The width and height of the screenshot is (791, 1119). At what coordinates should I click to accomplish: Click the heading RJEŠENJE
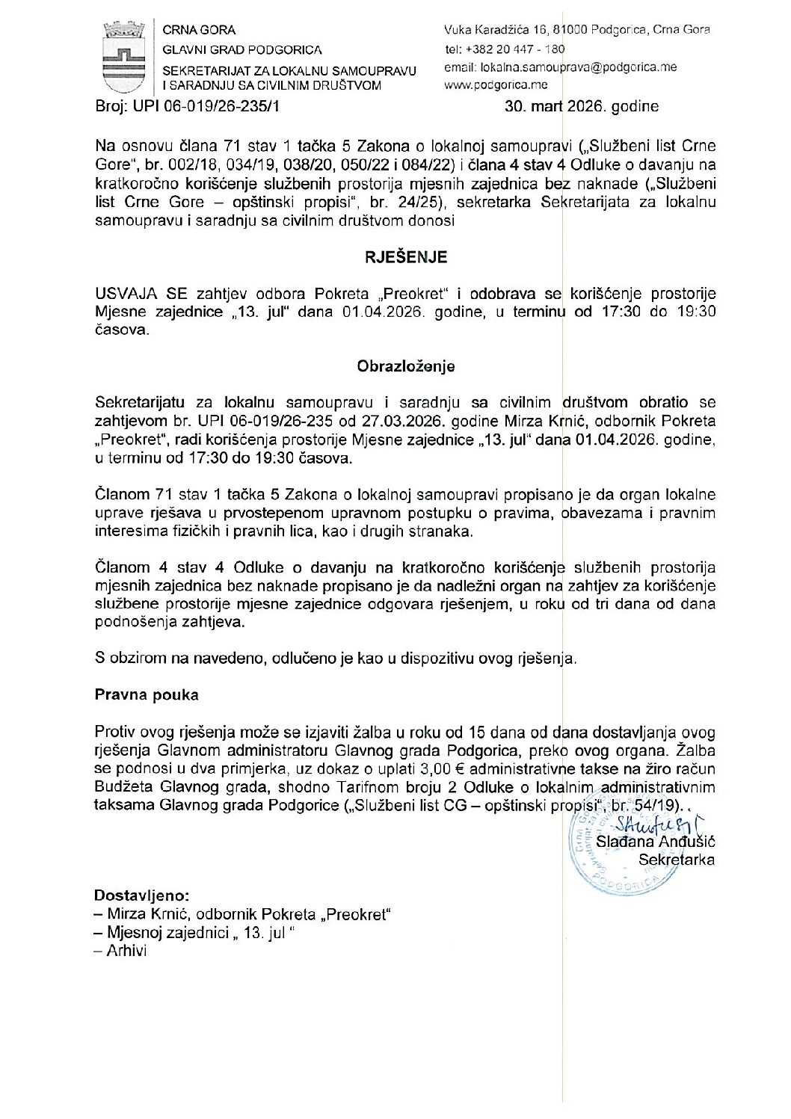405,257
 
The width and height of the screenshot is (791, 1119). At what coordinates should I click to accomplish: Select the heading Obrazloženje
405,366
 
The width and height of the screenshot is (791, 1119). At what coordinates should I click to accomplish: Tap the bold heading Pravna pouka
147,694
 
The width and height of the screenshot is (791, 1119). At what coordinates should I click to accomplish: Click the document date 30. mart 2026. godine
582,106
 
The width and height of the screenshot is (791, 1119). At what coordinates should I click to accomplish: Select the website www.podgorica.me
495,84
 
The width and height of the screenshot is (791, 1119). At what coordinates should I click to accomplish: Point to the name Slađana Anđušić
655,842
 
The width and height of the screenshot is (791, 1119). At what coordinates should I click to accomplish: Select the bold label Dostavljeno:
142,895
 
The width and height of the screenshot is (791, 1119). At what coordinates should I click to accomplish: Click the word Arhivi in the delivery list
126,951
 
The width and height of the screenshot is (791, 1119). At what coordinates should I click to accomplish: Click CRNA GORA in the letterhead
199,30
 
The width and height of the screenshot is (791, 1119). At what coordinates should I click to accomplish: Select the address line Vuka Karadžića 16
496,30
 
